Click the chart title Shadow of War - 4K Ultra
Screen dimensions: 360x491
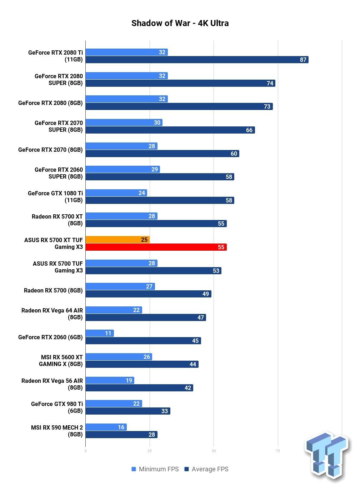coord(180,23)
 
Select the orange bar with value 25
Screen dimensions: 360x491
coord(117,240)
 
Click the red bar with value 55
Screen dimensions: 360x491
coord(156,247)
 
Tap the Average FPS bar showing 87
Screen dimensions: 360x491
coord(197,60)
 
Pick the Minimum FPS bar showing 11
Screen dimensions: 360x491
coord(100,333)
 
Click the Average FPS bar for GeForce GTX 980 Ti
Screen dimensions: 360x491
coord(128,411)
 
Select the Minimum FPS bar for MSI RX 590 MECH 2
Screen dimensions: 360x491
coord(106,427)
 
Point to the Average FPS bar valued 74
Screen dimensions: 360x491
coord(180,83)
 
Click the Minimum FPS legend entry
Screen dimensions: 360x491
coord(155,469)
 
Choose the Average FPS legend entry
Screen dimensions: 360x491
coord(206,469)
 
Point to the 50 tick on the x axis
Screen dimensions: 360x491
coord(214,451)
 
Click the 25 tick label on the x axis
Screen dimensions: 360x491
coord(150,451)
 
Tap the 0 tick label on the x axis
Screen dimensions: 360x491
coord(85,451)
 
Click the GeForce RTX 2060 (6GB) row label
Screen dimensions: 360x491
coord(50,337)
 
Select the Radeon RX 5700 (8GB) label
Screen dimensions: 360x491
coord(53,290)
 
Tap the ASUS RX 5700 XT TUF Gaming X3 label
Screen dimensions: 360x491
coord(54,243)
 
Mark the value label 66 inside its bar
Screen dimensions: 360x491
coord(249,130)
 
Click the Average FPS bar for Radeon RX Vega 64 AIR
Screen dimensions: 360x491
coord(146,317)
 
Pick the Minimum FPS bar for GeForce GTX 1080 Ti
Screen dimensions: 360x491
coord(116,193)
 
